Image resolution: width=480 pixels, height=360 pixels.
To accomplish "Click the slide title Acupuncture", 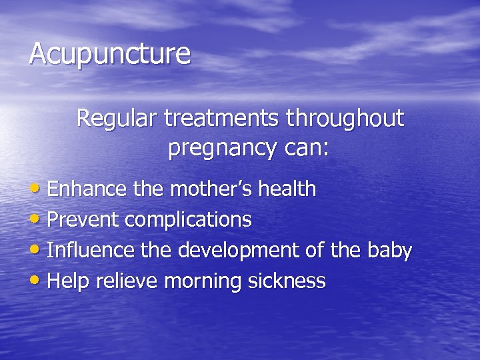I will tap(110, 55).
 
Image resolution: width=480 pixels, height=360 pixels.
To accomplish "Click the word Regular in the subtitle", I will tap(113, 119).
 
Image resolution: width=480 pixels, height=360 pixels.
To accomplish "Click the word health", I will tap(288, 190).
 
